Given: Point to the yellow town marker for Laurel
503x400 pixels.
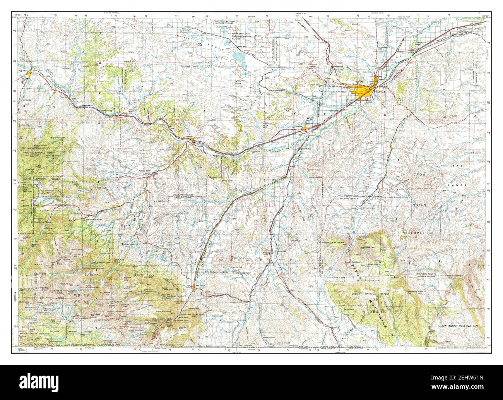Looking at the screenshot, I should [305, 128].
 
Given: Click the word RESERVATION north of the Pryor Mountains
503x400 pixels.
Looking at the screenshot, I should [417, 233].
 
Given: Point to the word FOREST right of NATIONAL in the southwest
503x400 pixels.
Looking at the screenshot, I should [136, 274].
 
